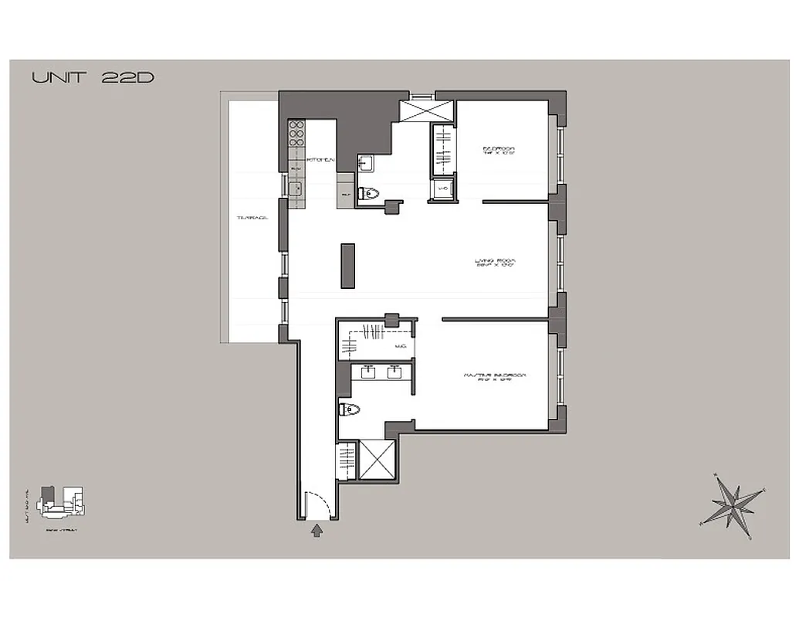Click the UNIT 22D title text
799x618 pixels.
click(93, 78)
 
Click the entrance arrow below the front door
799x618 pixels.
click(317, 530)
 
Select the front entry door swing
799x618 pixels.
click(319, 507)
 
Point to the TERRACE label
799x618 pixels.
click(252, 219)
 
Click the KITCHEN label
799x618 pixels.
click(320, 160)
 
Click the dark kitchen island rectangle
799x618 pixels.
click(348, 265)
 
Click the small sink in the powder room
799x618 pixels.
click(366, 163)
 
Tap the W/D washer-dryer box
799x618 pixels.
click(443, 188)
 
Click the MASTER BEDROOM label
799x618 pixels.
click(495, 376)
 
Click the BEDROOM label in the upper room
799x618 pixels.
click(498, 151)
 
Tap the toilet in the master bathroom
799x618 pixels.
click(348, 409)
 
